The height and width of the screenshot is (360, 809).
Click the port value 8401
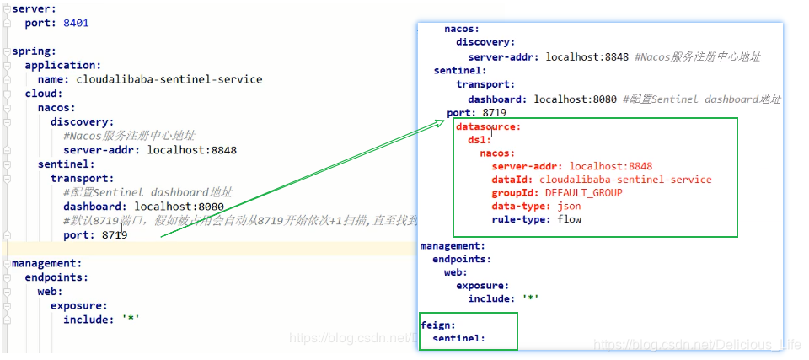pyautogui.click(x=76, y=23)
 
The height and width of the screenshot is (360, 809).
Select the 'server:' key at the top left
pyautogui.click(x=31, y=8)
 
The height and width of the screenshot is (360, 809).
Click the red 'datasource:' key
pyautogui.click(x=489, y=126)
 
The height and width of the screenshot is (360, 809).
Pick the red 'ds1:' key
pyautogui.click(x=480, y=140)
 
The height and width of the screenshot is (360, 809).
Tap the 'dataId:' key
pyautogui.click(x=512, y=180)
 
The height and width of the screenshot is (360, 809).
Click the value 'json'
pyautogui.click(x=569, y=206)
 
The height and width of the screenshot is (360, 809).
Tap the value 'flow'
pyautogui.click(x=569, y=219)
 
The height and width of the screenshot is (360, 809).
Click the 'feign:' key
pyautogui.click(x=438, y=325)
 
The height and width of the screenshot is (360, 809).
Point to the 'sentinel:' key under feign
pyautogui.click(x=458, y=338)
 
